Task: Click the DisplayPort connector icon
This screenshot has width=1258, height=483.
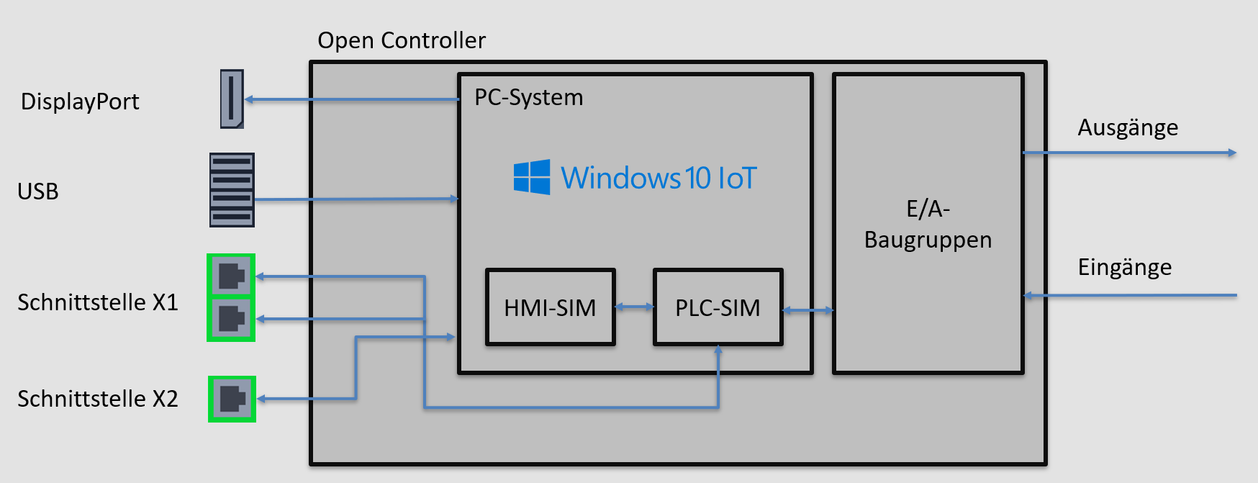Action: (232, 99)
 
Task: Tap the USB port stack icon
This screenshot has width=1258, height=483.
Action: (232, 189)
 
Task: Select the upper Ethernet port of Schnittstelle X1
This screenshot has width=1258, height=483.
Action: (231, 276)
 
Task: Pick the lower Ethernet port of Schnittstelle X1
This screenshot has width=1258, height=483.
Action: (231, 318)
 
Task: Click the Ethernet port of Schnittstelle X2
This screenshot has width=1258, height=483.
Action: (232, 398)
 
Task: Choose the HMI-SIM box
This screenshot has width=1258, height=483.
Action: (551, 307)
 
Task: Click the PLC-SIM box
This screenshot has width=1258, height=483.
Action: (718, 307)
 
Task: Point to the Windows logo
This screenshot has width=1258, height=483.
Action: (532, 177)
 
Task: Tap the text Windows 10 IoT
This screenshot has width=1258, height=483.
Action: (659, 178)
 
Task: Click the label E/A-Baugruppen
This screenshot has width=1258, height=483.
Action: (928, 224)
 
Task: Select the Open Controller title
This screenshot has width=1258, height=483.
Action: (402, 40)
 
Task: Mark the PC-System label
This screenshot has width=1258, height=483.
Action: (529, 97)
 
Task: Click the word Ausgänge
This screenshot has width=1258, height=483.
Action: (1128, 127)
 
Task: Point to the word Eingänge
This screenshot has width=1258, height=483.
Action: (1124, 267)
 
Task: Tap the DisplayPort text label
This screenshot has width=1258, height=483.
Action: (80, 101)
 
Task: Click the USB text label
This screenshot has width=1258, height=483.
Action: (38, 191)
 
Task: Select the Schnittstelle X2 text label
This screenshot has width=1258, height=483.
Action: (98, 399)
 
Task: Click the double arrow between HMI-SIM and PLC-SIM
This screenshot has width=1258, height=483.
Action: (634, 307)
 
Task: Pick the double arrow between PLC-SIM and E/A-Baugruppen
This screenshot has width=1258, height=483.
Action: (807, 310)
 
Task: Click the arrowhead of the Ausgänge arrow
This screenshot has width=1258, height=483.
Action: (1232, 153)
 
